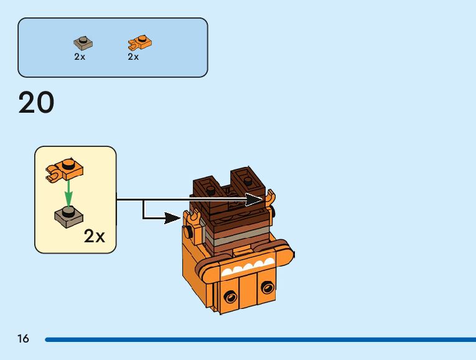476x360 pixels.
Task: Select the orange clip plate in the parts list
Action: click(140, 43)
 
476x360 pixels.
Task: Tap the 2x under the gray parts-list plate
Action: click(79, 57)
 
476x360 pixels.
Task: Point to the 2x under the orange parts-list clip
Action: click(133, 57)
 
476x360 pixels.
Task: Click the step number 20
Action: click(37, 103)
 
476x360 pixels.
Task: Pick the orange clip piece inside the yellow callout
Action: click(65, 169)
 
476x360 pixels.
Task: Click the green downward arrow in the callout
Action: click(68, 192)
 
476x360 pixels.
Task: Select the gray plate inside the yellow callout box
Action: click(70, 216)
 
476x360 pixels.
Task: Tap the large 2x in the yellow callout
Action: click(95, 236)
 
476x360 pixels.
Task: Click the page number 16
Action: click(24, 339)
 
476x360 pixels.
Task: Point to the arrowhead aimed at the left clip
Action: click(174, 218)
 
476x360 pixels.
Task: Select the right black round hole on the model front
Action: click(268, 288)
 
